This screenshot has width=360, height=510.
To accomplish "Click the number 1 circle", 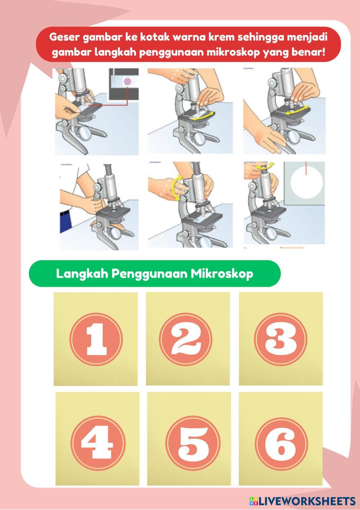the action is click(x=96, y=339).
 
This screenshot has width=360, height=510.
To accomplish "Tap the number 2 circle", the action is click(x=186, y=339).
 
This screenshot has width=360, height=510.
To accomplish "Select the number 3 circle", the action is click(x=280, y=339).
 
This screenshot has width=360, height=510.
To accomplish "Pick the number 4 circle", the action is click(x=98, y=443).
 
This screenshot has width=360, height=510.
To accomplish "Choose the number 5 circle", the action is click(x=193, y=443).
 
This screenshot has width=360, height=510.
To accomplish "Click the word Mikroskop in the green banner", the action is click(x=222, y=274).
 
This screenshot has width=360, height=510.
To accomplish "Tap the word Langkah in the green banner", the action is click(x=82, y=274).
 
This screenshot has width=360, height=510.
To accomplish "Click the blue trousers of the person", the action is click(x=65, y=222).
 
